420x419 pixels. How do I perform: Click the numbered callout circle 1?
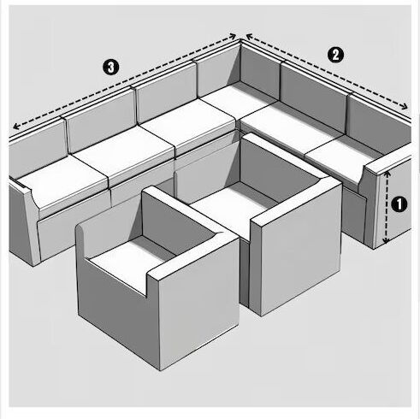pyautogui.click(x=399, y=204)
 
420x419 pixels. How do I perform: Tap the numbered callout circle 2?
pyautogui.click(x=335, y=55)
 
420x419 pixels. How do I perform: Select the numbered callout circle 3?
pyautogui.click(x=110, y=68)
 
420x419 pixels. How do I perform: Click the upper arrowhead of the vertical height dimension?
pyautogui.click(x=387, y=174)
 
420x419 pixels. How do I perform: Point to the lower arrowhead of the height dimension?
pyautogui.click(x=386, y=240)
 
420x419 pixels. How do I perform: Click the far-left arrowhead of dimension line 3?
pyautogui.click(x=16, y=126)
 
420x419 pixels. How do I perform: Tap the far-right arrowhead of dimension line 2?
pyautogui.click(x=405, y=106)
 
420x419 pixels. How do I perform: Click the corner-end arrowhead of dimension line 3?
pyautogui.click(x=233, y=36)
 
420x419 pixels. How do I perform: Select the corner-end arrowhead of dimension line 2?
pyautogui.click(x=249, y=37)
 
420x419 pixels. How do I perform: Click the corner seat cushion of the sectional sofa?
pyautogui.click(x=239, y=100)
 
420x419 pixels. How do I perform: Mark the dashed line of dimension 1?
pyautogui.click(x=387, y=207)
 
